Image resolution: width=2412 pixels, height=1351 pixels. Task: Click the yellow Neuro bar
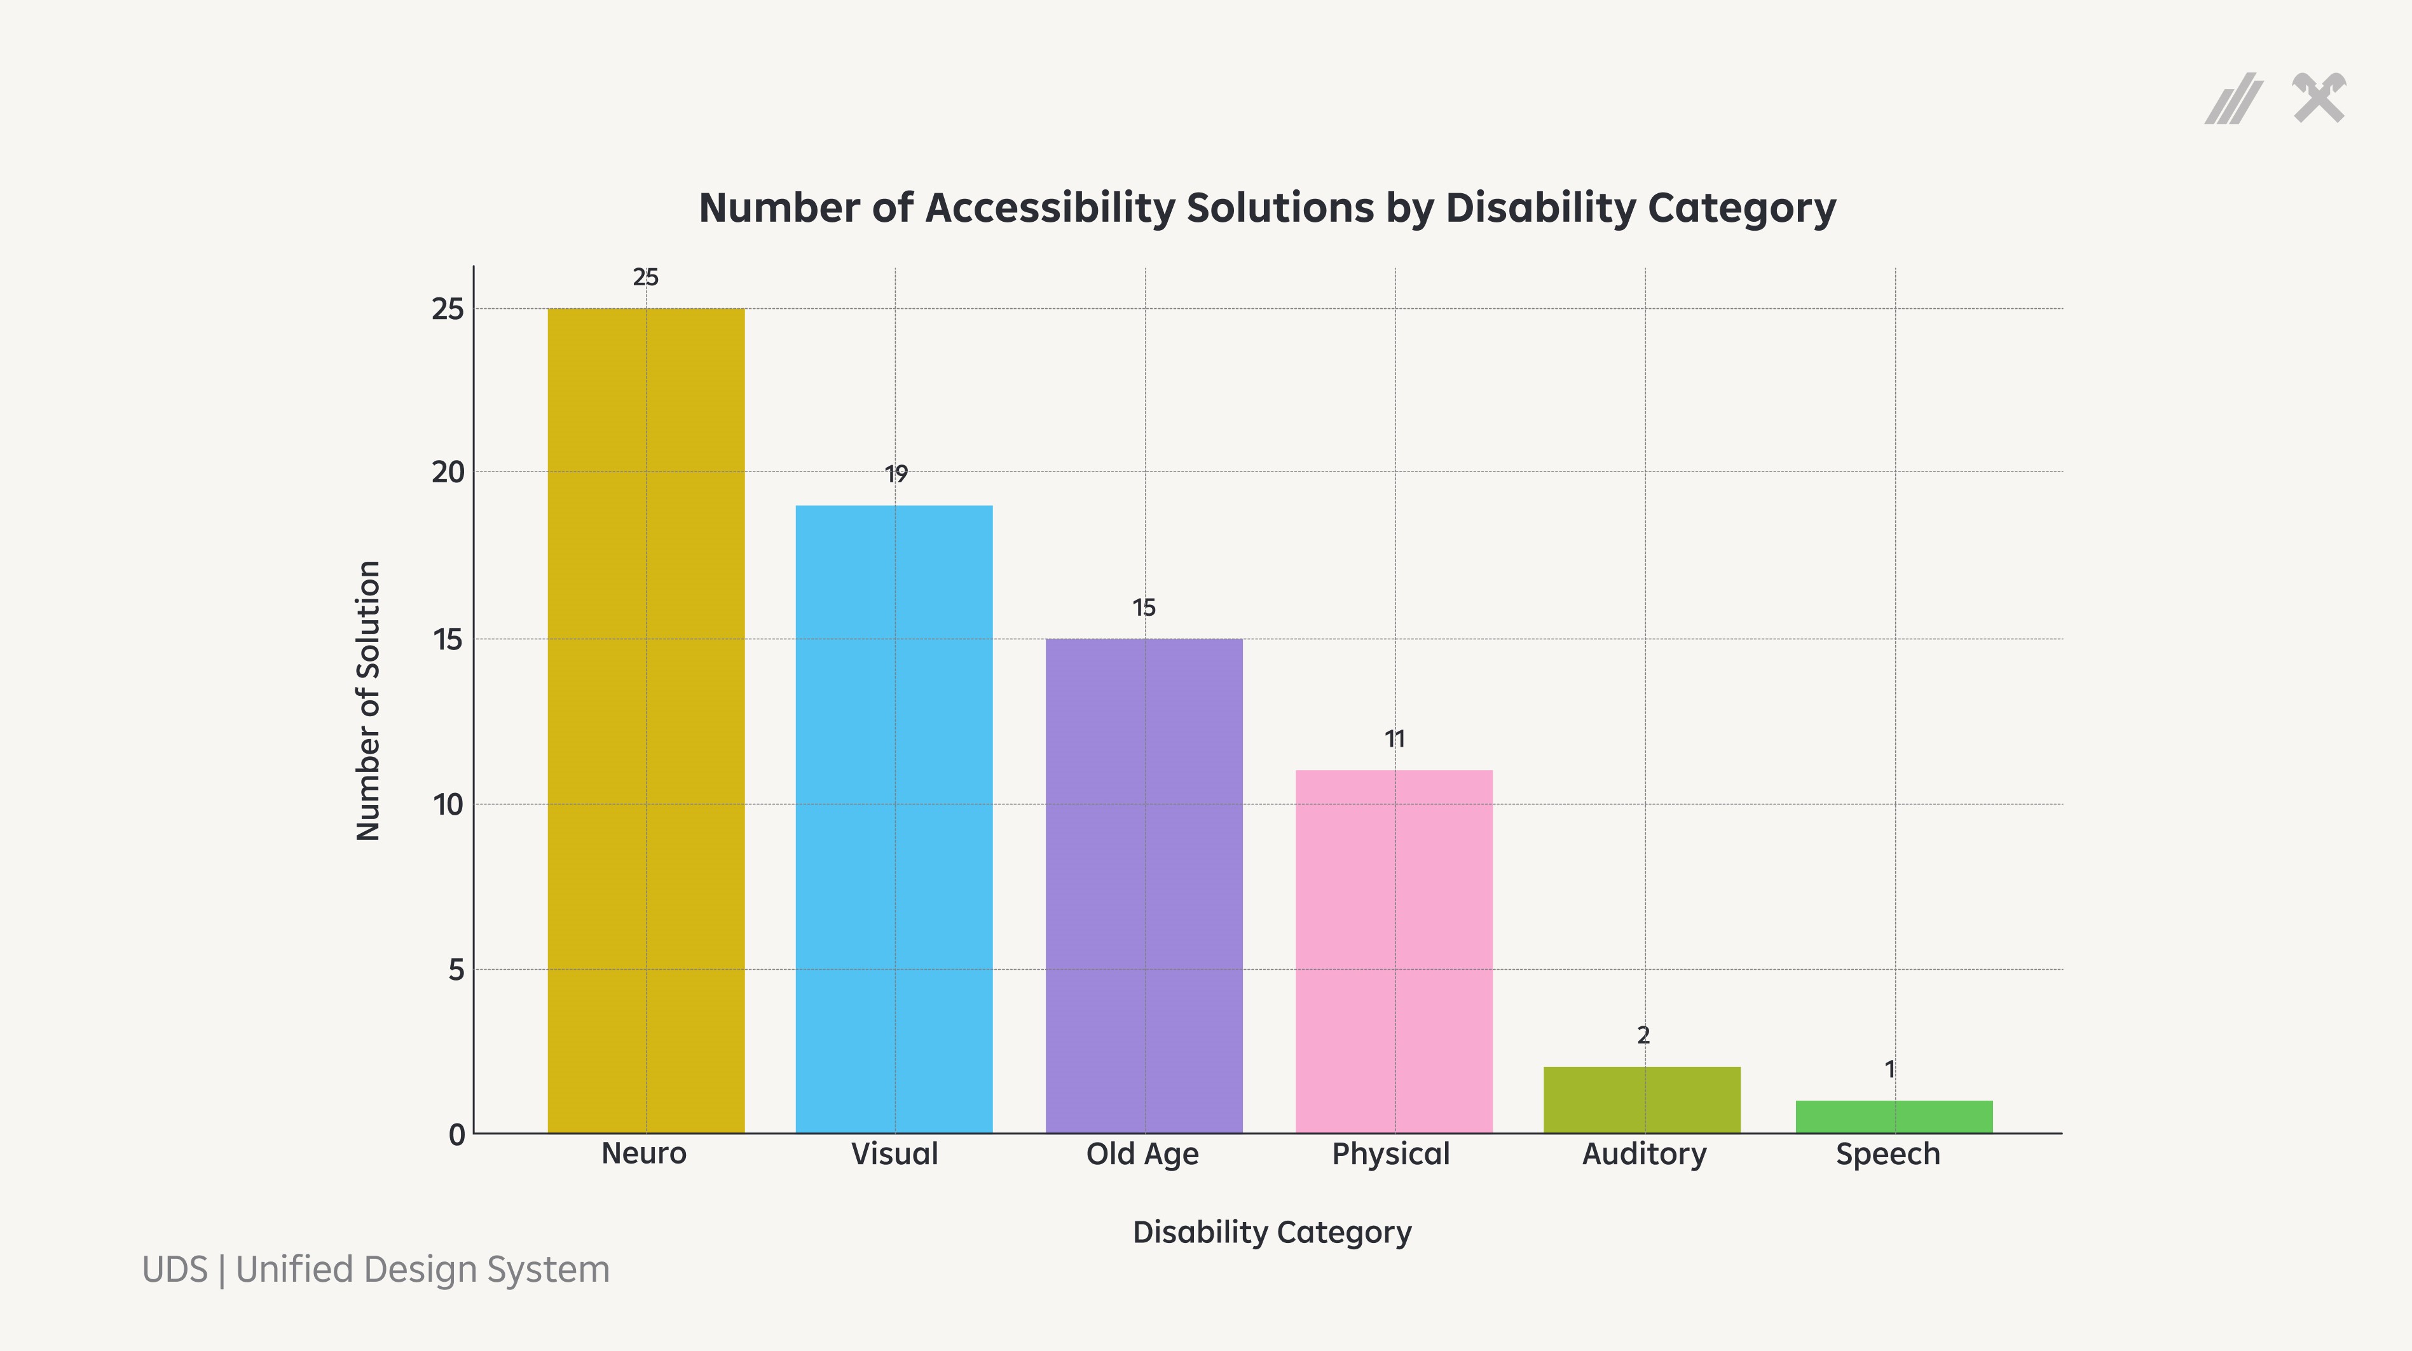click(646, 721)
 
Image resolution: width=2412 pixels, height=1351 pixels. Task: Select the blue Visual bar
click(894, 819)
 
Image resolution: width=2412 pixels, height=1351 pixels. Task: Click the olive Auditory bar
click(1642, 1100)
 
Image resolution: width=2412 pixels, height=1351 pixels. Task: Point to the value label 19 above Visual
click(896, 475)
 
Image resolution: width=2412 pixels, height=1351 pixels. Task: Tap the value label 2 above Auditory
click(1643, 1035)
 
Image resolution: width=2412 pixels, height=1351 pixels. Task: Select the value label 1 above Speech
click(1889, 1069)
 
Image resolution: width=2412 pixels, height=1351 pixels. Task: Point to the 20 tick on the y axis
click(448, 473)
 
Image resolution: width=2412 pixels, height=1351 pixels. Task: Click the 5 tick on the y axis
click(456, 970)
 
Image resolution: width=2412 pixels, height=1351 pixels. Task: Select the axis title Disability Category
click(1271, 1232)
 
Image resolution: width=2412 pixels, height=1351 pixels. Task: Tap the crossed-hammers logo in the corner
click(2319, 98)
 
